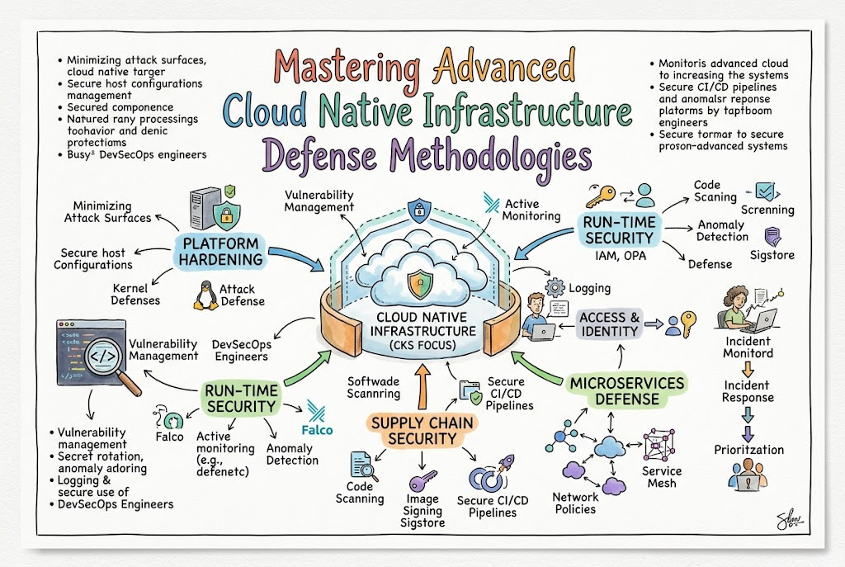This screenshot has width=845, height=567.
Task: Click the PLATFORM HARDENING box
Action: (x=220, y=251)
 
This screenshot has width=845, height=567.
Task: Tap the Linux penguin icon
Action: (x=205, y=296)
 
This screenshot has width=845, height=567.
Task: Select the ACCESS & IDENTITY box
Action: (x=610, y=324)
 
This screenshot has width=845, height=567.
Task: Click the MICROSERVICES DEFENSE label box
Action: (x=627, y=390)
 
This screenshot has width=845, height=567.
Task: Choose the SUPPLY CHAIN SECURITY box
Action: (x=422, y=431)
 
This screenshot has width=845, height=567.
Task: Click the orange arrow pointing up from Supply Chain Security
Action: (x=422, y=386)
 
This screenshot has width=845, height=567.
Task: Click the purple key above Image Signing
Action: (x=422, y=480)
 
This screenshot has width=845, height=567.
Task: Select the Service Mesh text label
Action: (x=662, y=477)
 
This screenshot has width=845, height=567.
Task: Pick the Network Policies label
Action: (x=575, y=503)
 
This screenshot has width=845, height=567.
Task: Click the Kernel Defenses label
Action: (x=135, y=295)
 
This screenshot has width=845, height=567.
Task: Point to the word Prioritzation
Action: (x=749, y=450)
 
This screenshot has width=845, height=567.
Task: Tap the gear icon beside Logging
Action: (x=555, y=287)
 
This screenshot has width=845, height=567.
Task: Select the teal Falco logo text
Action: (x=317, y=430)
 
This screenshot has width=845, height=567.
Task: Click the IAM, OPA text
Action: (x=621, y=256)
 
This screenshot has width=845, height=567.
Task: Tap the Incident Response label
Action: (x=748, y=391)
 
